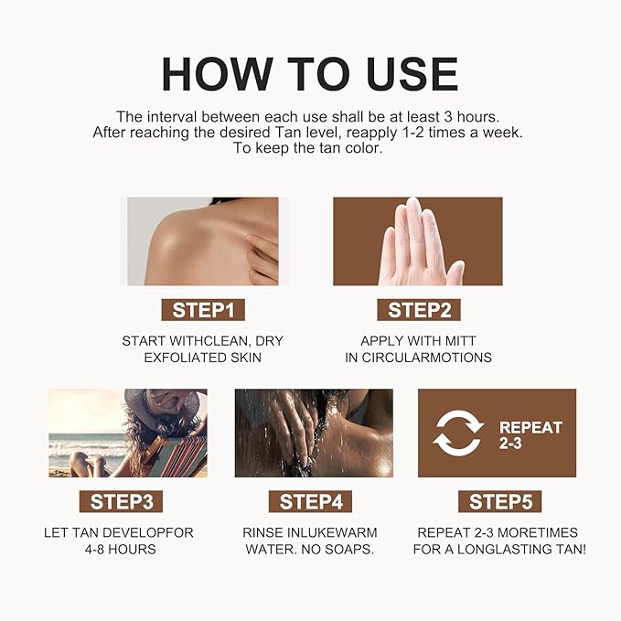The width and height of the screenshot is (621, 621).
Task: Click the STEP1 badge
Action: tap(203, 310)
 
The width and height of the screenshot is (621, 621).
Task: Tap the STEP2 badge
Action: tap(419, 310)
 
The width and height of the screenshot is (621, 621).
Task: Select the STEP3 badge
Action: tap(122, 501)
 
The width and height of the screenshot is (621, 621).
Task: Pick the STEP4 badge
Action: tap(311, 501)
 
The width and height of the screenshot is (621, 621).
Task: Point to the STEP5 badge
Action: tap(499, 501)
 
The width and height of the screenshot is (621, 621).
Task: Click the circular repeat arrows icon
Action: tap(458, 434)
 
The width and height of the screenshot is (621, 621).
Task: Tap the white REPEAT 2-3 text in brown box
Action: tap(530, 435)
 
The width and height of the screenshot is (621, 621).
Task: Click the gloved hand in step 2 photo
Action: tap(421, 242)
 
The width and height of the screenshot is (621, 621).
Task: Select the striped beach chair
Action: tap(175, 456)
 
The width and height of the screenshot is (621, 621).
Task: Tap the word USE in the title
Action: tap(412, 74)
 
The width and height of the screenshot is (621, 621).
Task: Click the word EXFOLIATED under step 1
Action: tap(180, 358)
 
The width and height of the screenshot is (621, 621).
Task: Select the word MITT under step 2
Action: tap(460, 340)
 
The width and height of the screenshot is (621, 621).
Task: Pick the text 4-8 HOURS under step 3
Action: tap(121, 550)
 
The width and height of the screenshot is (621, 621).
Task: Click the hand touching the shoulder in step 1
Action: tap(262, 258)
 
